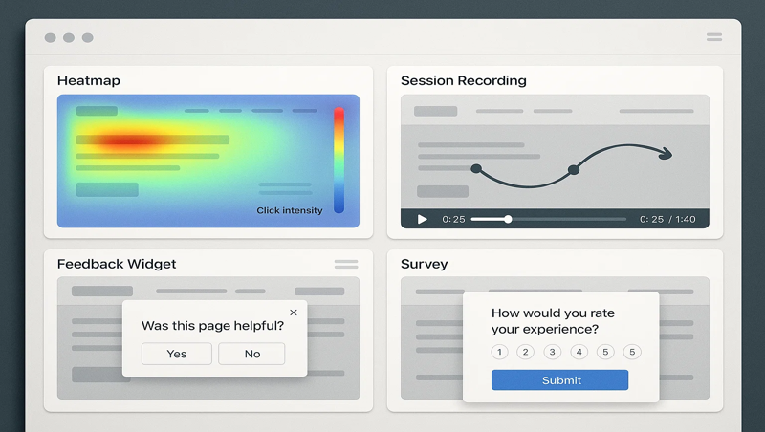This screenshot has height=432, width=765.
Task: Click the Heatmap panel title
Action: [89, 81]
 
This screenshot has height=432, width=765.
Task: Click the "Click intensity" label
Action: [289, 210]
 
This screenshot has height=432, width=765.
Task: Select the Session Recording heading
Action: [464, 81]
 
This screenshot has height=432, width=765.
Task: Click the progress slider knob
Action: [508, 219]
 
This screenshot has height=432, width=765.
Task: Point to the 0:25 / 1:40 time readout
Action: [667, 219]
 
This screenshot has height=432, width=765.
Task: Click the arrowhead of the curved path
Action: [666, 154]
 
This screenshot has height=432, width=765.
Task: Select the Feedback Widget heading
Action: [117, 264]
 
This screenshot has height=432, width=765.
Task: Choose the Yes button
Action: [177, 354]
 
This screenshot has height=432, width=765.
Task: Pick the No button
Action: [251, 354]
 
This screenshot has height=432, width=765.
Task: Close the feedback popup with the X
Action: [294, 313]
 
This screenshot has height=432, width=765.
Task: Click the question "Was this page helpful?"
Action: [212, 326]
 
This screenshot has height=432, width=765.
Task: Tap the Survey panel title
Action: [425, 264]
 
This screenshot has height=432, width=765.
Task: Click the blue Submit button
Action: [560, 380]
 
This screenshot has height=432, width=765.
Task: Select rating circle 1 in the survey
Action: [499, 352]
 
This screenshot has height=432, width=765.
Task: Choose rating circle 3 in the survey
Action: [552, 352]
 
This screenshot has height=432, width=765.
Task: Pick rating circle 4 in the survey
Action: [579, 352]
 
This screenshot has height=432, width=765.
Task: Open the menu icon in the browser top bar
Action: [714, 37]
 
